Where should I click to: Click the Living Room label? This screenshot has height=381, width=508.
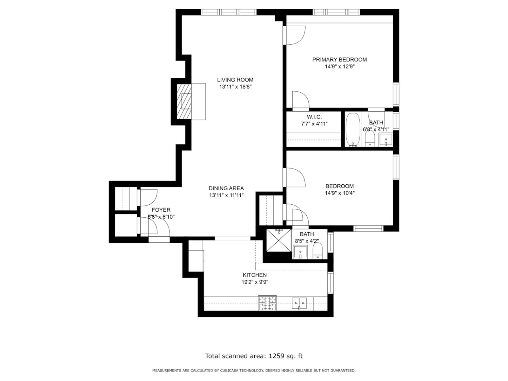tap(235, 80)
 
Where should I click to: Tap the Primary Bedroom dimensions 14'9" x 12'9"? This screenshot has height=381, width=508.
tap(339, 67)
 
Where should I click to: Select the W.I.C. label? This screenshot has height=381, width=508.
tap(314, 117)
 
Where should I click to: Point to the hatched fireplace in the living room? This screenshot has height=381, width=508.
tap(184, 102)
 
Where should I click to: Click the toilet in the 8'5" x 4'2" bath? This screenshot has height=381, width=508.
tap(318, 251)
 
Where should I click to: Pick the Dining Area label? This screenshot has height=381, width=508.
tap(226, 188)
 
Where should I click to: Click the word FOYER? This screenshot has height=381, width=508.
tap(161, 210)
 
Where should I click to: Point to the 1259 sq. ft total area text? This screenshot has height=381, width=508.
tap(254, 356)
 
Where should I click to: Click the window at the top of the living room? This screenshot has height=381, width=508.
tap(229, 12)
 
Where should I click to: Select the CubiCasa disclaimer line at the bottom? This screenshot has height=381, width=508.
tap(254, 371)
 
